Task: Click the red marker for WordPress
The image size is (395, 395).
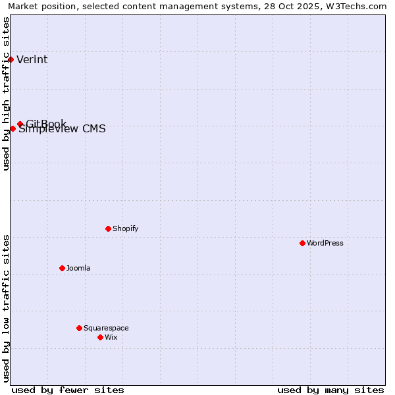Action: point(302,243)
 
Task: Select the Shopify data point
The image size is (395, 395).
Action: point(108,228)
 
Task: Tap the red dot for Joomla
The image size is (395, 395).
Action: point(62,268)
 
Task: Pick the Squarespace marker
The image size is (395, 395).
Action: point(79,328)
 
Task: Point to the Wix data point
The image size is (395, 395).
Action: point(100,337)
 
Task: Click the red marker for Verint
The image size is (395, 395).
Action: point(11,59)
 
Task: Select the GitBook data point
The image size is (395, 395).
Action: point(20,124)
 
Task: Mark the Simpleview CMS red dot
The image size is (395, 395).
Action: point(13,128)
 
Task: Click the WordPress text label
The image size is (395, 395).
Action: point(325,243)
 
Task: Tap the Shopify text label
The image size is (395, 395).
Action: point(125,228)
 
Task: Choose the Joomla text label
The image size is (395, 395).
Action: point(78,268)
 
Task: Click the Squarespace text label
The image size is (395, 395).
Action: point(106,328)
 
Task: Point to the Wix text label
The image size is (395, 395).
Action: point(111,337)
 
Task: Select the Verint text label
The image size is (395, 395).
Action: point(32,60)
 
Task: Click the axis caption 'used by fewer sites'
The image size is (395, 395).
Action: point(68,390)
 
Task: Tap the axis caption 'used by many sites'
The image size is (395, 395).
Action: point(330,390)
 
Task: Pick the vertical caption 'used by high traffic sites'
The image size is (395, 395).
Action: point(7,93)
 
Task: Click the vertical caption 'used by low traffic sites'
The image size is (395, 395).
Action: point(7,308)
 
